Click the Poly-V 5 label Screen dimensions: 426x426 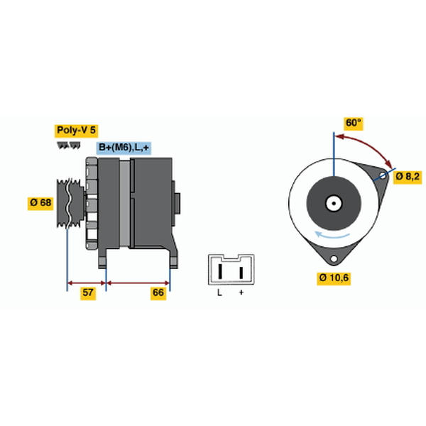tap(77, 131)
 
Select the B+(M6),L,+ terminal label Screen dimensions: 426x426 tap(124, 148)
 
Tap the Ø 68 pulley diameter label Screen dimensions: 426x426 tap(40, 202)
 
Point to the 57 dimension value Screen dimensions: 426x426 tap(88, 293)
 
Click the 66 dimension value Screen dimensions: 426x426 tap(158, 293)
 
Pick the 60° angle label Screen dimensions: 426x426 tap(353, 124)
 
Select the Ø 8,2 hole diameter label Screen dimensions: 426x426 tap(408, 177)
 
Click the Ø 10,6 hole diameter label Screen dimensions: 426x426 tap(334, 278)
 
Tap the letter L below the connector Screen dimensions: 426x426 tap(219, 293)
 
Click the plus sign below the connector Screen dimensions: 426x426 tap(241, 293)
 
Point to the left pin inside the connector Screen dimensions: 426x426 tap(220, 271)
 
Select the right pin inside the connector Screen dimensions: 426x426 tap(241, 273)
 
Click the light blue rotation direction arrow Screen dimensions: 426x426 tap(332, 235)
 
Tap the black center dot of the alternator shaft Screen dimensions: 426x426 tap(334, 203)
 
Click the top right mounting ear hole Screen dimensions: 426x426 tap(383, 175)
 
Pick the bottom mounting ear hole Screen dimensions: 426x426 tap(334, 258)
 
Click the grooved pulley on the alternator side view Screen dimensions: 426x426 tap(70, 203)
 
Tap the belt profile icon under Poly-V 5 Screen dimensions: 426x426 tap(69, 146)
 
